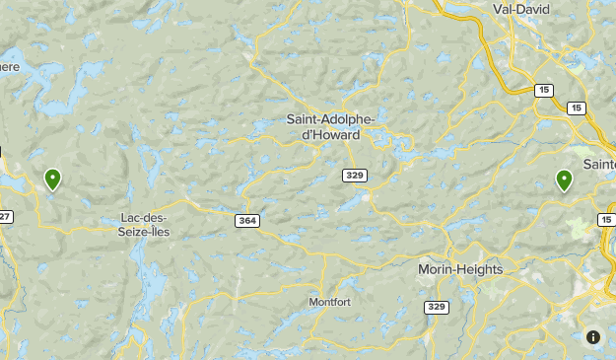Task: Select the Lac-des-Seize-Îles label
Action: (143, 224)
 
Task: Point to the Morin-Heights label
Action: (460, 269)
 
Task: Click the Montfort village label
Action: (329, 302)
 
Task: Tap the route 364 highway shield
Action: (246, 220)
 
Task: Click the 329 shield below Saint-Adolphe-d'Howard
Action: (356, 175)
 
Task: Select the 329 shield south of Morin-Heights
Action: (438, 308)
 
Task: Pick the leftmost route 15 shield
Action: (544, 90)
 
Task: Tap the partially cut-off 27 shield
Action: (5, 216)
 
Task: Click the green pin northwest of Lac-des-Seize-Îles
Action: (52, 179)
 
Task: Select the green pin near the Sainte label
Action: (564, 180)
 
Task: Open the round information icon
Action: (593, 337)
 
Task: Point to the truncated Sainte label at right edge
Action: (600, 163)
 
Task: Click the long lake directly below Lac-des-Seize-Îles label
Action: (152, 281)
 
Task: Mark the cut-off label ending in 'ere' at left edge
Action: (8, 66)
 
